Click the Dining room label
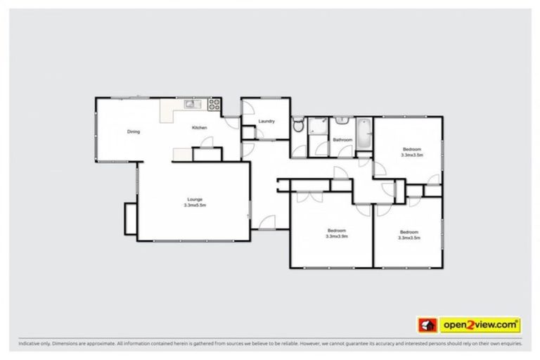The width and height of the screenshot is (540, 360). pos(134,131)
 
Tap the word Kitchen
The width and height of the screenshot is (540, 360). pos(200,127)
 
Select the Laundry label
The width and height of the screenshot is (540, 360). pos(266,122)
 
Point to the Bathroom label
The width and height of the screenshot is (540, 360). pos(342,140)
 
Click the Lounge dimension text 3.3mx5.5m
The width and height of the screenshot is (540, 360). pos(195,205)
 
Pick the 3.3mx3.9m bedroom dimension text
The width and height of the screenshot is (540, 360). pos(337,236)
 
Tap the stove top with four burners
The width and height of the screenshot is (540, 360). pos(213,105)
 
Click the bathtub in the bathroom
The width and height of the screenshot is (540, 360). pos(364,133)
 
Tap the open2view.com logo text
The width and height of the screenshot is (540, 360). pos(480,324)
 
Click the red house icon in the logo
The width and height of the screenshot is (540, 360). pos(426,324)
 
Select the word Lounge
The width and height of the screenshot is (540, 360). pos(195,199)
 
